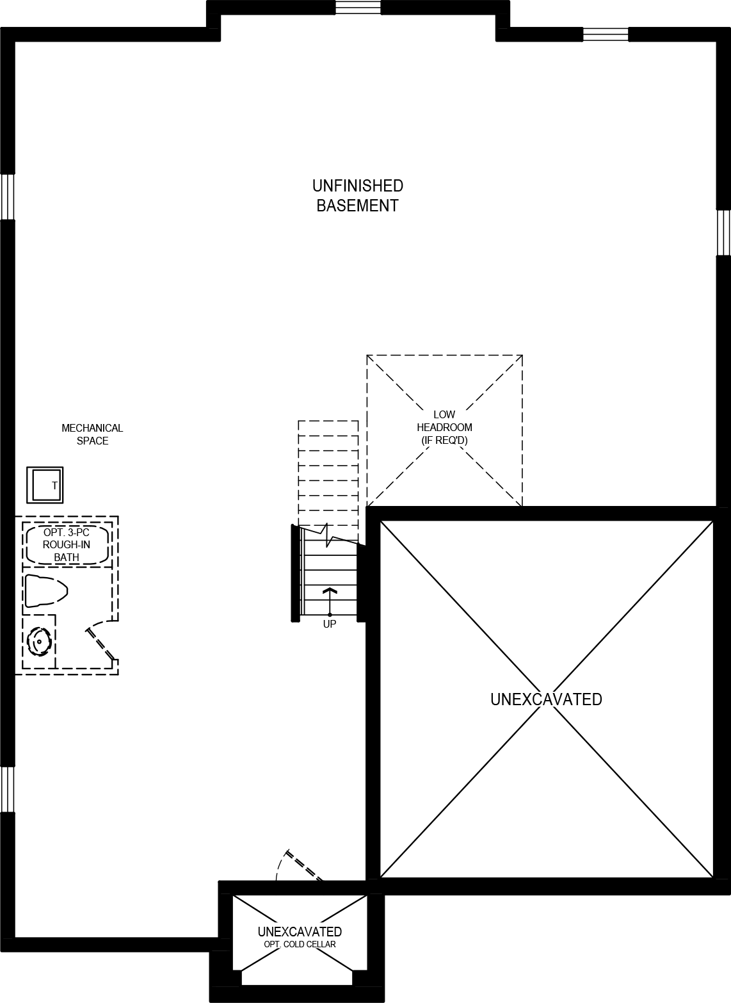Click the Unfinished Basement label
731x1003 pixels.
(357, 195)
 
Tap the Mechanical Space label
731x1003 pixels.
(92, 434)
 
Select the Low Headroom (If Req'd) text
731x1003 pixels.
(444, 427)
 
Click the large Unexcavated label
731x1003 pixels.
(546, 699)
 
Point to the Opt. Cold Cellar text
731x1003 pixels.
(300, 944)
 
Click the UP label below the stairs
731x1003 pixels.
(329, 624)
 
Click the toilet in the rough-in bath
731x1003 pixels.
(45, 591)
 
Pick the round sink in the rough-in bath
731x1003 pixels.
(40, 642)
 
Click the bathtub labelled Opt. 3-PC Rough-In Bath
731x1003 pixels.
(67, 544)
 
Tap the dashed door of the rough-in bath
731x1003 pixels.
(101, 642)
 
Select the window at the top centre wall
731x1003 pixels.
(358, 7)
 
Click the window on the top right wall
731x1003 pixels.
(605, 35)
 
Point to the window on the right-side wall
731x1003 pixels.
(723, 232)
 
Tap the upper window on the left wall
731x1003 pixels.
(7, 197)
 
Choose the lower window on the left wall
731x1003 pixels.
(7, 789)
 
